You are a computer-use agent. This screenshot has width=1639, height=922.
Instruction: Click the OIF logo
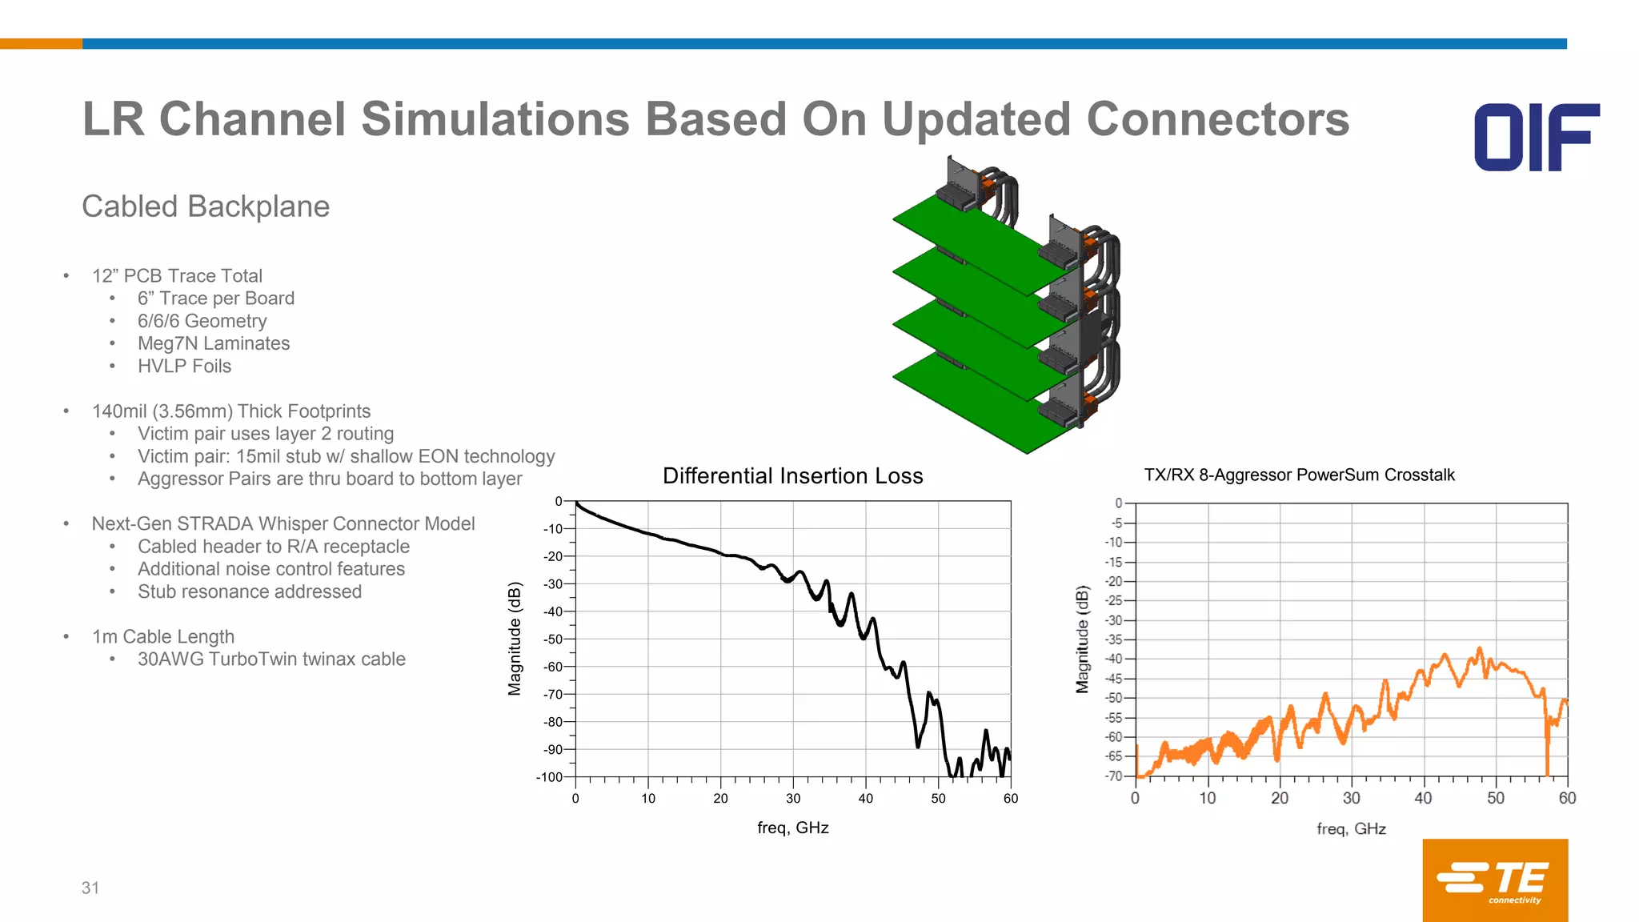click(x=1537, y=137)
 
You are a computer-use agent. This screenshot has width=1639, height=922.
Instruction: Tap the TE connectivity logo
click(x=1494, y=880)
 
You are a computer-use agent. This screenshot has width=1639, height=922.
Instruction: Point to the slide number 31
click(x=90, y=888)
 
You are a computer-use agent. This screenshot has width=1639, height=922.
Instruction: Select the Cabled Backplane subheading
click(x=206, y=206)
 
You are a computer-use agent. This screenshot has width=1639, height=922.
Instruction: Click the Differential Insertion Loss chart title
click(x=792, y=476)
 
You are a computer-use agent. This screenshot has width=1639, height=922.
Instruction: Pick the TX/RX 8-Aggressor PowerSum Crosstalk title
click(x=1299, y=475)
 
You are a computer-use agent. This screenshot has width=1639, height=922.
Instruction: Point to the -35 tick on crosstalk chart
click(x=1114, y=639)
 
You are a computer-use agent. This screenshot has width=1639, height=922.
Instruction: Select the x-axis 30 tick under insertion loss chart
click(x=793, y=799)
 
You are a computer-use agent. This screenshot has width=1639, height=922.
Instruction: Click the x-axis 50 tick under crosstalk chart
click(x=1495, y=799)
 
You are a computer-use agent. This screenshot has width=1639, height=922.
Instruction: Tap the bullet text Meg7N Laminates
click(x=214, y=343)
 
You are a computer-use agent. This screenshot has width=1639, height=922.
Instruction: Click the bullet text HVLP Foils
click(x=184, y=366)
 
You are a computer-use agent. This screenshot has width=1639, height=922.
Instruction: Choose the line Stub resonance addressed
click(x=250, y=591)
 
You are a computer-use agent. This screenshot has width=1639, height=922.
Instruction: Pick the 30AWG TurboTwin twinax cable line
click(x=271, y=659)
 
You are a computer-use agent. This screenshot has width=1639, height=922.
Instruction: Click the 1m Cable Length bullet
click(x=163, y=636)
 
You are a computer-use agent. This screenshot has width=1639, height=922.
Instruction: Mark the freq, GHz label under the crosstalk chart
click(x=1351, y=829)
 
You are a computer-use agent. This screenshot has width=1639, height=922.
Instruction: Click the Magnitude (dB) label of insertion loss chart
click(x=515, y=639)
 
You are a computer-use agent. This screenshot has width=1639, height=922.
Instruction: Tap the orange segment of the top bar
click(x=41, y=44)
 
